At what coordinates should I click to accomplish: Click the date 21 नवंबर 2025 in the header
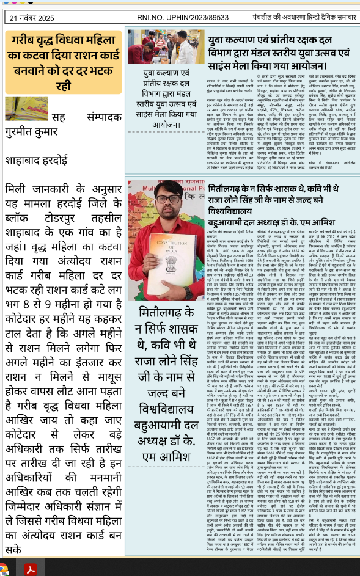coord(36,19)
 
